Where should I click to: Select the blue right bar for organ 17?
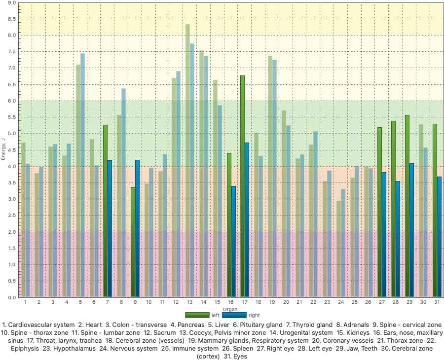coord(247,220)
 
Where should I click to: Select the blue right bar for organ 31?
coord(439,237)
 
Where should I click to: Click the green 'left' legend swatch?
coord(197,315)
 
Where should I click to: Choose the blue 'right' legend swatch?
coord(234,315)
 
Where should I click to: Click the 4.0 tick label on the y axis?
coord(12,167)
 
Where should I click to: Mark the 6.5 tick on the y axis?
coord(12,85)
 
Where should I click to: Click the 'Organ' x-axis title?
coord(230,309)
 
